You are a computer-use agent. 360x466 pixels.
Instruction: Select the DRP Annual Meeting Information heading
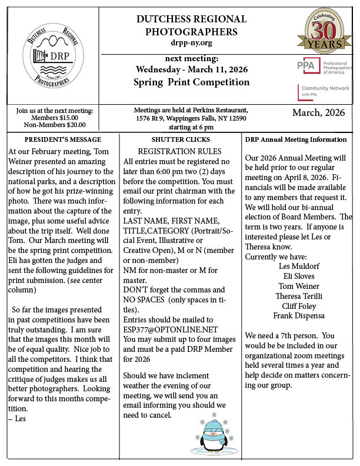click(295, 139)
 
